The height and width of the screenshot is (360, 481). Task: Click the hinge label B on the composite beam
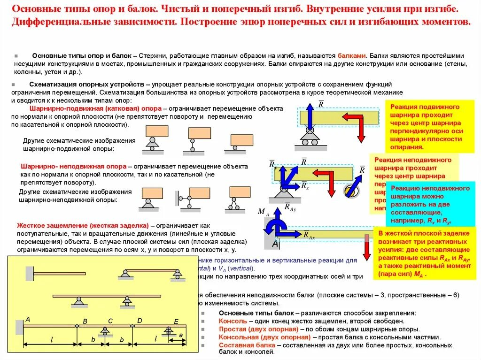tap(85, 321)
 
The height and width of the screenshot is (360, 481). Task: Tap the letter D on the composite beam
tap(140, 321)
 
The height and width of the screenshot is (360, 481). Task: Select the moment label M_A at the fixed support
tap(263, 212)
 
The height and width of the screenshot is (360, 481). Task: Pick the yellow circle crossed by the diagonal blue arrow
tap(350, 190)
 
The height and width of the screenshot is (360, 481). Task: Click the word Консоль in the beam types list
tap(233, 321)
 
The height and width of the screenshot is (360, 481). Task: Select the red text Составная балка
tap(247, 345)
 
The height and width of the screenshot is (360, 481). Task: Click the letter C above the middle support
tap(110, 321)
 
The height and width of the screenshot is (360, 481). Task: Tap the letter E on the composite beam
tap(176, 322)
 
